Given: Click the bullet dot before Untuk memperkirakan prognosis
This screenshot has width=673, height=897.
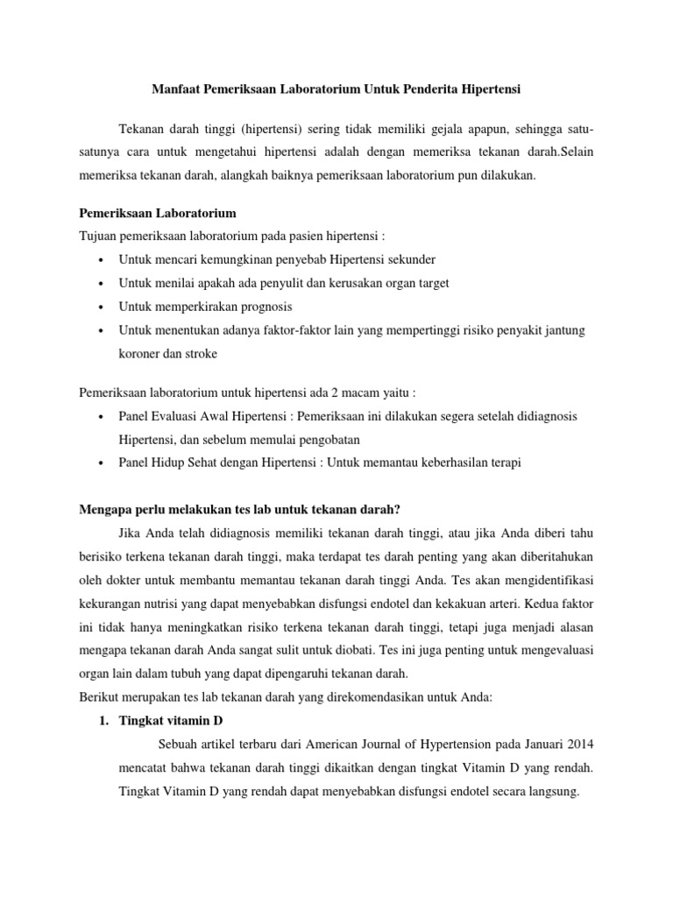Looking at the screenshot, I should point(103,307).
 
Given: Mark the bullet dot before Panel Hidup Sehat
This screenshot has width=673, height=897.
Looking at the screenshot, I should point(103,463).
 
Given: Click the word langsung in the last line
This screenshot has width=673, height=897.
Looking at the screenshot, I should point(552,790).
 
